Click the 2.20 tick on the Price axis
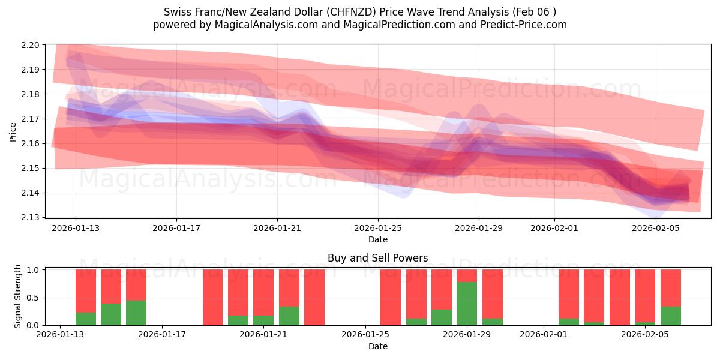pyautogui.click(x=31, y=45)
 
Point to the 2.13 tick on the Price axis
pyautogui.click(x=31, y=217)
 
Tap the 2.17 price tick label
pyautogui.click(x=31, y=119)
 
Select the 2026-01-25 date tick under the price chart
pyautogui.click(x=378, y=228)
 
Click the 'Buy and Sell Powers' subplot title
pyautogui.click(x=378, y=259)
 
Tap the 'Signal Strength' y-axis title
pyautogui.click(x=18, y=296)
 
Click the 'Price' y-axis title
pyautogui.click(x=13, y=131)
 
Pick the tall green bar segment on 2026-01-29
pyautogui.click(x=467, y=304)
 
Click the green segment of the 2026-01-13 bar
pyautogui.click(x=86, y=319)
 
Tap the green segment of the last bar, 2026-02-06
pyautogui.click(x=670, y=316)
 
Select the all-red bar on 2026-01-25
pyautogui.click(x=391, y=297)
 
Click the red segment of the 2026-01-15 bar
pyautogui.click(x=136, y=284)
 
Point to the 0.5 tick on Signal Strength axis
pyautogui.click(x=34, y=298)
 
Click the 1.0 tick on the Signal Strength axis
pyautogui.click(x=34, y=270)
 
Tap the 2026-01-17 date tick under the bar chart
pyautogui.click(x=163, y=335)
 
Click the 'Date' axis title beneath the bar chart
pyautogui.click(x=378, y=346)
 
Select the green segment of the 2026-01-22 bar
pyautogui.click(x=289, y=316)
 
